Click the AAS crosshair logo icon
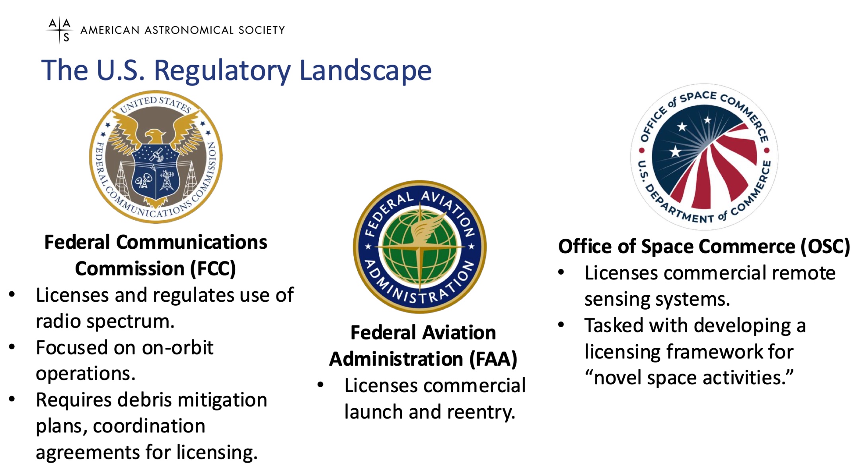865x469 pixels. (x=60, y=30)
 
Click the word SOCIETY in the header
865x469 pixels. (x=261, y=30)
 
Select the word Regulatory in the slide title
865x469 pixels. (x=222, y=71)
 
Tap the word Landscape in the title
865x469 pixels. (x=365, y=71)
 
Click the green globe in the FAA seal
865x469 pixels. (x=420, y=247)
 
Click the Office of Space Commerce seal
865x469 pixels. (x=704, y=157)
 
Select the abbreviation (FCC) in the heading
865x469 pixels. (x=213, y=269)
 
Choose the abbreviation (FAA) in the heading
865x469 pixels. (x=493, y=359)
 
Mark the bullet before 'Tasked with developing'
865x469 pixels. (x=561, y=325)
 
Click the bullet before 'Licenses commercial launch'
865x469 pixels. (x=321, y=385)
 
